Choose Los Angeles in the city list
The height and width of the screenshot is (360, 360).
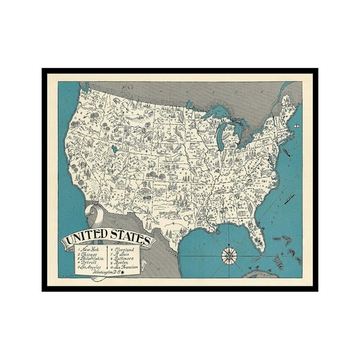click(x=91, y=267)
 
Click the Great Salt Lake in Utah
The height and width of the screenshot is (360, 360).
click(x=115, y=150)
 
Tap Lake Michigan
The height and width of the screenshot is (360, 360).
click(x=224, y=137)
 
